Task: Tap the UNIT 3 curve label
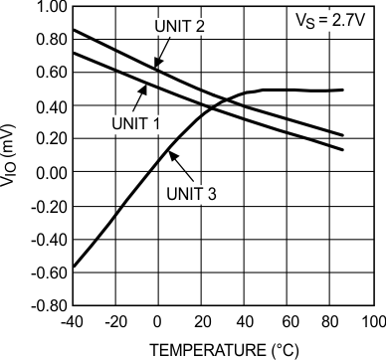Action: tap(187, 194)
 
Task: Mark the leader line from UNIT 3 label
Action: tap(176, 169)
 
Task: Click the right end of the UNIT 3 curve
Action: tap(343, 90)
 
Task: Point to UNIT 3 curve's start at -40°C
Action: tap(74, 268)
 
